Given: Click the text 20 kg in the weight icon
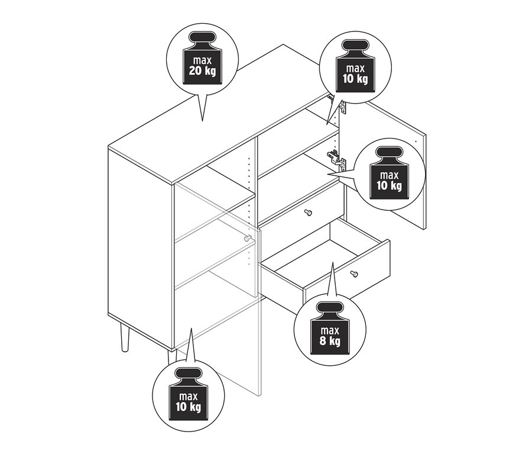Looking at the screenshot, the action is tap(202, 71).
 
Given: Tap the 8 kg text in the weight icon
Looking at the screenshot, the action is tap(330, 341).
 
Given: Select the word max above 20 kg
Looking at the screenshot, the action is tap(202, 60).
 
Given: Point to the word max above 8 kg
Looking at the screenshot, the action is tap(330, 330).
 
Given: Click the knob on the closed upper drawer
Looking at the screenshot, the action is tap(309, 212).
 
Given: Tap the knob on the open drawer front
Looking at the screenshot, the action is tap(354, 273).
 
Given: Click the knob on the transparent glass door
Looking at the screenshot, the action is tap(248, 238).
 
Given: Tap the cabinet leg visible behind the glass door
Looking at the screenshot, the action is tap(171, 359).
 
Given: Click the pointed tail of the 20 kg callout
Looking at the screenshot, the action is tap(203, 120).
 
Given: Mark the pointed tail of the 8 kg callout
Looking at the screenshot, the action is tap(333, 263).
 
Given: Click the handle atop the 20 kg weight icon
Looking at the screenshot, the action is tap(202, 37).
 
